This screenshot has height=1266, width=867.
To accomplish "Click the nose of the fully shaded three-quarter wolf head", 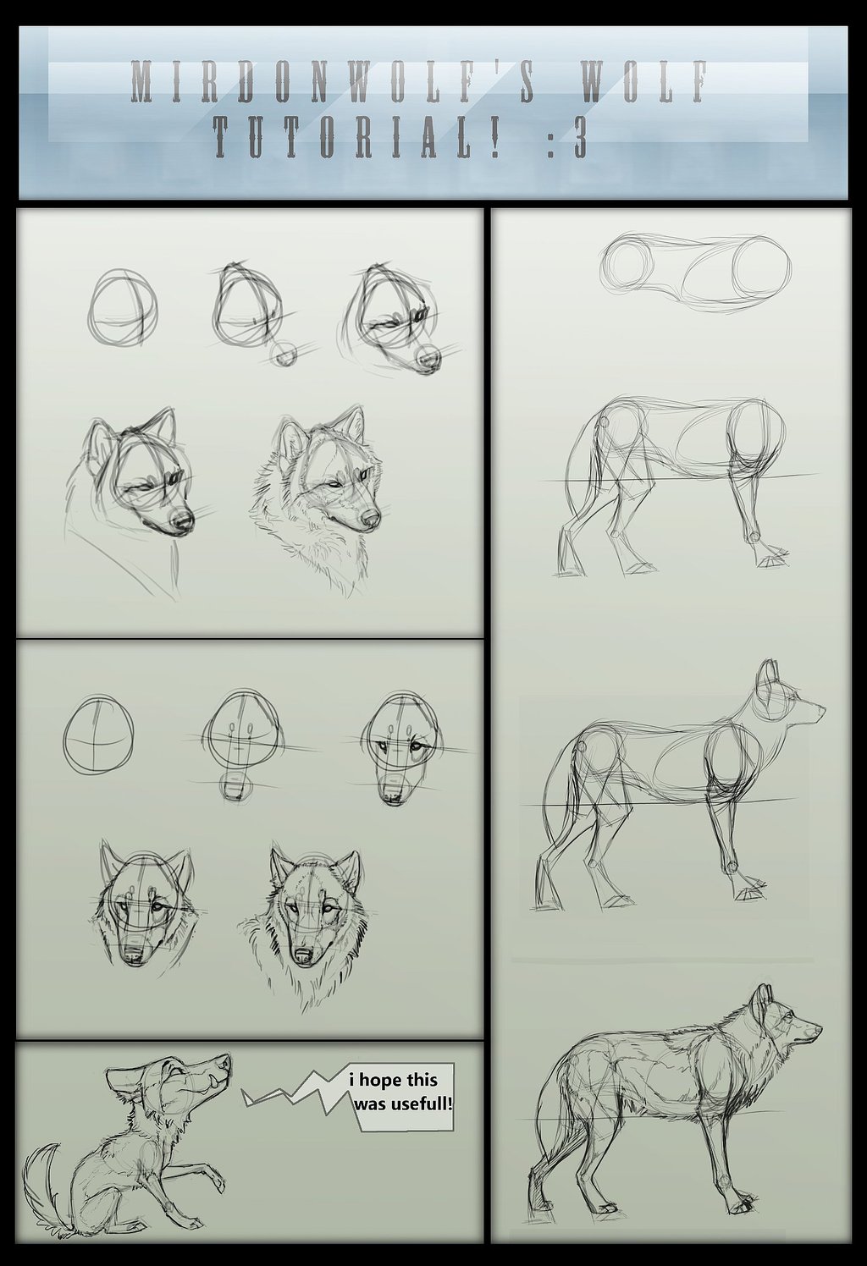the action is click(371, 518).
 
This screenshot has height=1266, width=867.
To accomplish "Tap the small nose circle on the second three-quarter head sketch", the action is click(284, 355).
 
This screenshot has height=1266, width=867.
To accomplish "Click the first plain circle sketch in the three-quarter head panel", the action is click(122, 307).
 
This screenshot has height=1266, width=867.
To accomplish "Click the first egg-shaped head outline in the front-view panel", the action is click(99, 734).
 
